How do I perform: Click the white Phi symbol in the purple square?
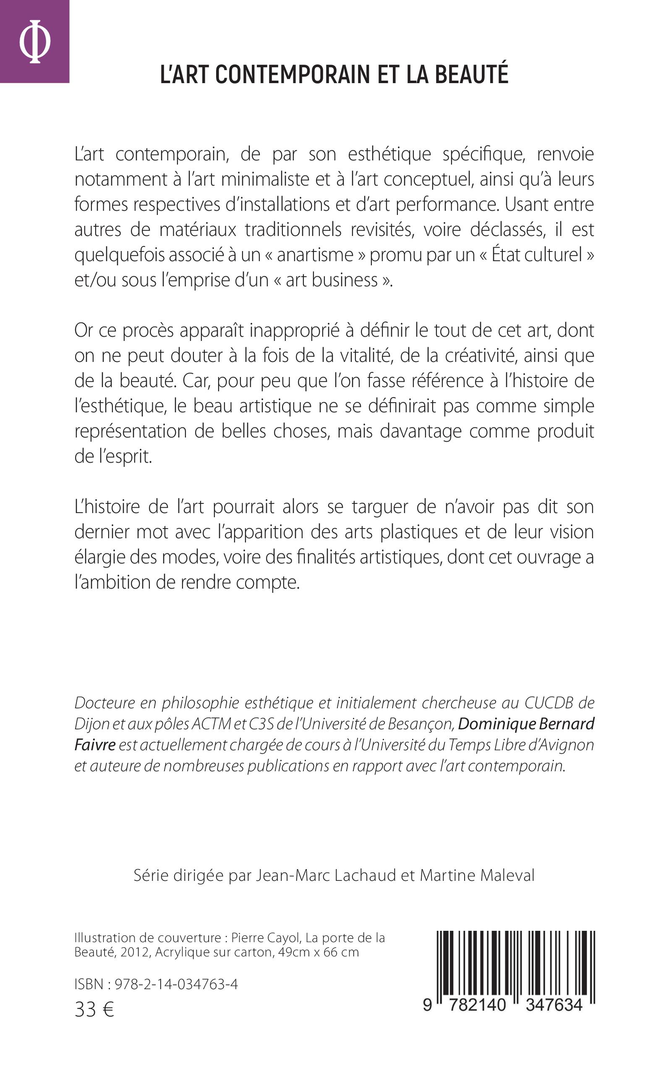(34, 42)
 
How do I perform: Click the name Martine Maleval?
(477, 875)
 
